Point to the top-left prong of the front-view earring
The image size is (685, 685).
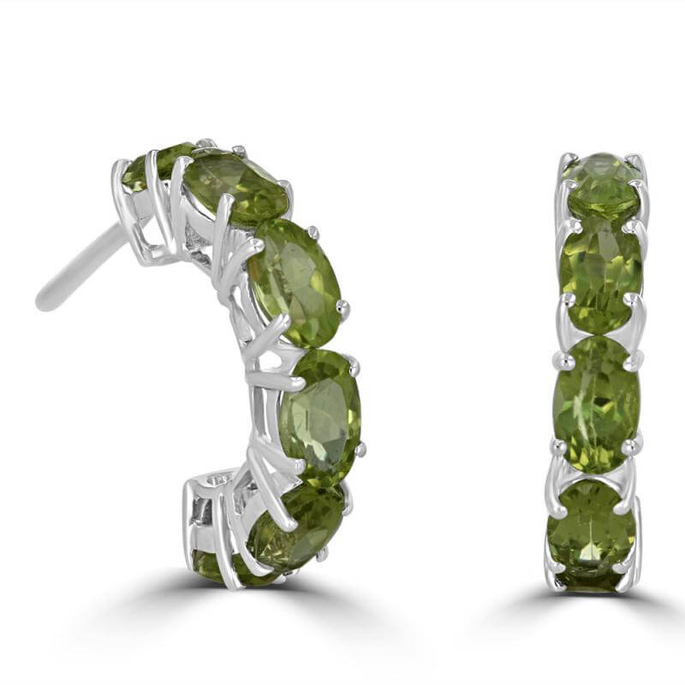[567, 160]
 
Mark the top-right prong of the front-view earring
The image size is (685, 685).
[637, 160]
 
